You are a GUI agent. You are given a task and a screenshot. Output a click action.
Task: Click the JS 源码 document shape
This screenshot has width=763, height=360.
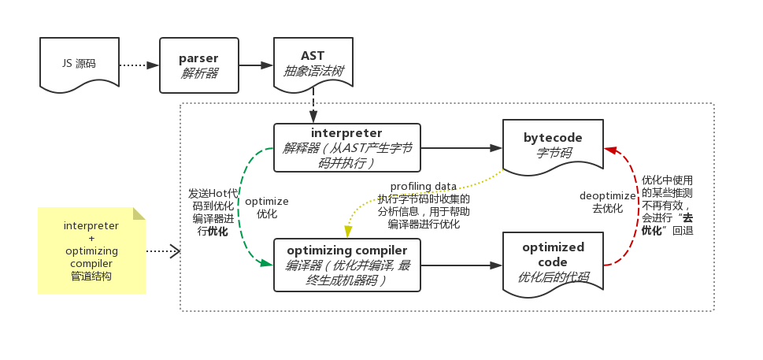(x=80, y=65)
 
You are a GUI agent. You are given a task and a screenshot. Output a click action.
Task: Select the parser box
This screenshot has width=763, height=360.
(x=199, y=65)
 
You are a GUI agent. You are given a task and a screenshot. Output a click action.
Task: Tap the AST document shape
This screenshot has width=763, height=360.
(x=313, y=65)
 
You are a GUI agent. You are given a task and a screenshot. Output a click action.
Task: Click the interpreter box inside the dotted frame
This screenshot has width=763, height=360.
(x=347, y=147)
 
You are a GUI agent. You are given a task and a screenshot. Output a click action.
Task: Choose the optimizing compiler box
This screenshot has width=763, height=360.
(x=347, y=265)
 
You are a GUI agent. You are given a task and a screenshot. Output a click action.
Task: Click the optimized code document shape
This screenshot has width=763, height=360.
(x=553, y=265)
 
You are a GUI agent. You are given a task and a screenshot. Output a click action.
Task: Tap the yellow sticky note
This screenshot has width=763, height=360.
(x=92, y=251)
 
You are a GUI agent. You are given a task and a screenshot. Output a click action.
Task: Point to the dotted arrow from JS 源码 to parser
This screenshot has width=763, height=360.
(x=139, y=65)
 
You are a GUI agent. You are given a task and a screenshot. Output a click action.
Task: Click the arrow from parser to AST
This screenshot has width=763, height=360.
(x=256, y=65)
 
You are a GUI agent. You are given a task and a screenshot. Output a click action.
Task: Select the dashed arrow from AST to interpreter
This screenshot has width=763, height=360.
(x=313, y=106)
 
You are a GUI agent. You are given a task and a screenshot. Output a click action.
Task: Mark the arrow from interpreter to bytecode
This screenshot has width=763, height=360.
(x=461, y=148)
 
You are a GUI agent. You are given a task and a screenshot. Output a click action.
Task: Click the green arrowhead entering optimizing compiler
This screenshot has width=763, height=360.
(x=267, y=263)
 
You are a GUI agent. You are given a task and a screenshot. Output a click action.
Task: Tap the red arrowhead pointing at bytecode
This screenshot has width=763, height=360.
(x=610, y=150)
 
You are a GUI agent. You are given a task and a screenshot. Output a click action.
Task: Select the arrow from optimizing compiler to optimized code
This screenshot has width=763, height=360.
(x=461, y=265)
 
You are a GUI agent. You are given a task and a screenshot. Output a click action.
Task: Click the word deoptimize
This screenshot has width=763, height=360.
(x=607, y=196)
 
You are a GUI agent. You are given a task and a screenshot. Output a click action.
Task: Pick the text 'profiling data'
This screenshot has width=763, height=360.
(x=424, y=187)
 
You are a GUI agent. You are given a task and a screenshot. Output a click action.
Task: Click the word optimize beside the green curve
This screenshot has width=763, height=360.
(x=267, y=202)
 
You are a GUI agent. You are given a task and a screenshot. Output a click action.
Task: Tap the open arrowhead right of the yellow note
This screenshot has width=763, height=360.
(x=175, y=251)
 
